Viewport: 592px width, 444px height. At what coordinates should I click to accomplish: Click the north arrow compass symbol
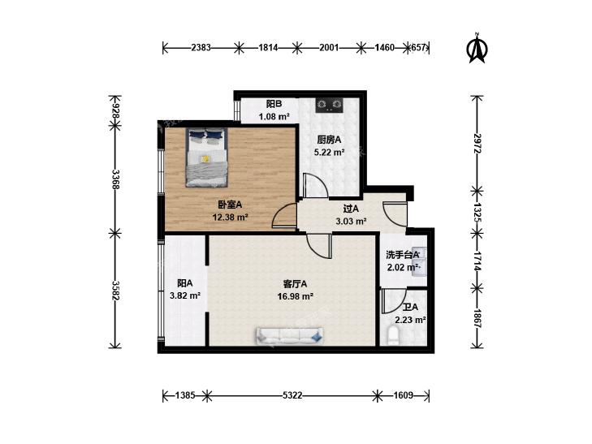pos(477,48)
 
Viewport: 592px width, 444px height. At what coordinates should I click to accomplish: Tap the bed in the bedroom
pos(206,157)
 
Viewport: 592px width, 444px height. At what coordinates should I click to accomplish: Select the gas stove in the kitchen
pos(330,106)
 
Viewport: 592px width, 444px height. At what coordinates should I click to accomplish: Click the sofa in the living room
pos(290,336)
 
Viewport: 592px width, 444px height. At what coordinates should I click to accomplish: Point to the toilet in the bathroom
pos(393,336)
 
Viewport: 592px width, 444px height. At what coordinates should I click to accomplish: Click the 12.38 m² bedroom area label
pos(230,218)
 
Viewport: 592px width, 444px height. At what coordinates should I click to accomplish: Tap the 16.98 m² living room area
pos(296,296)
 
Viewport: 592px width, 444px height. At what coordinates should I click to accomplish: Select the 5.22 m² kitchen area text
pos(329,153)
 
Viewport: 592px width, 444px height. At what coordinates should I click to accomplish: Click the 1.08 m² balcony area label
pos(274,117)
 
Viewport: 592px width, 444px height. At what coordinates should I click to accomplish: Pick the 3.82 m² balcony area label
pos(185,296)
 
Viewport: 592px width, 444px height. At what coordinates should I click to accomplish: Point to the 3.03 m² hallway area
pos(351,221)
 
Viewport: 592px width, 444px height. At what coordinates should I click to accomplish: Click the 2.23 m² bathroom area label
pos(410,321)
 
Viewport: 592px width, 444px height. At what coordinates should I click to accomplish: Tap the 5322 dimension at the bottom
pos(292,395)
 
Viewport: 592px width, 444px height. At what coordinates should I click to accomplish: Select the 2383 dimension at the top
pos(201,48)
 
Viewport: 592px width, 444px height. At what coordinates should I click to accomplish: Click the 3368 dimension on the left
pos(115,180)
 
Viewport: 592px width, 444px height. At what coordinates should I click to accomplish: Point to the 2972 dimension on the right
pos(477,144)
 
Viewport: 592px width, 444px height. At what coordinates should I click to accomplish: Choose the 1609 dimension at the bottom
pos(404,395)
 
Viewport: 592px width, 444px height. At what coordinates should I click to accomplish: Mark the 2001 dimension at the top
pos(329,48)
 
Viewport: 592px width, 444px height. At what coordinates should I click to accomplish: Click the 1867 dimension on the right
pos(477,319)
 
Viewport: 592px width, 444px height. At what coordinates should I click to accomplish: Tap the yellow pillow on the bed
pos(205,159)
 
